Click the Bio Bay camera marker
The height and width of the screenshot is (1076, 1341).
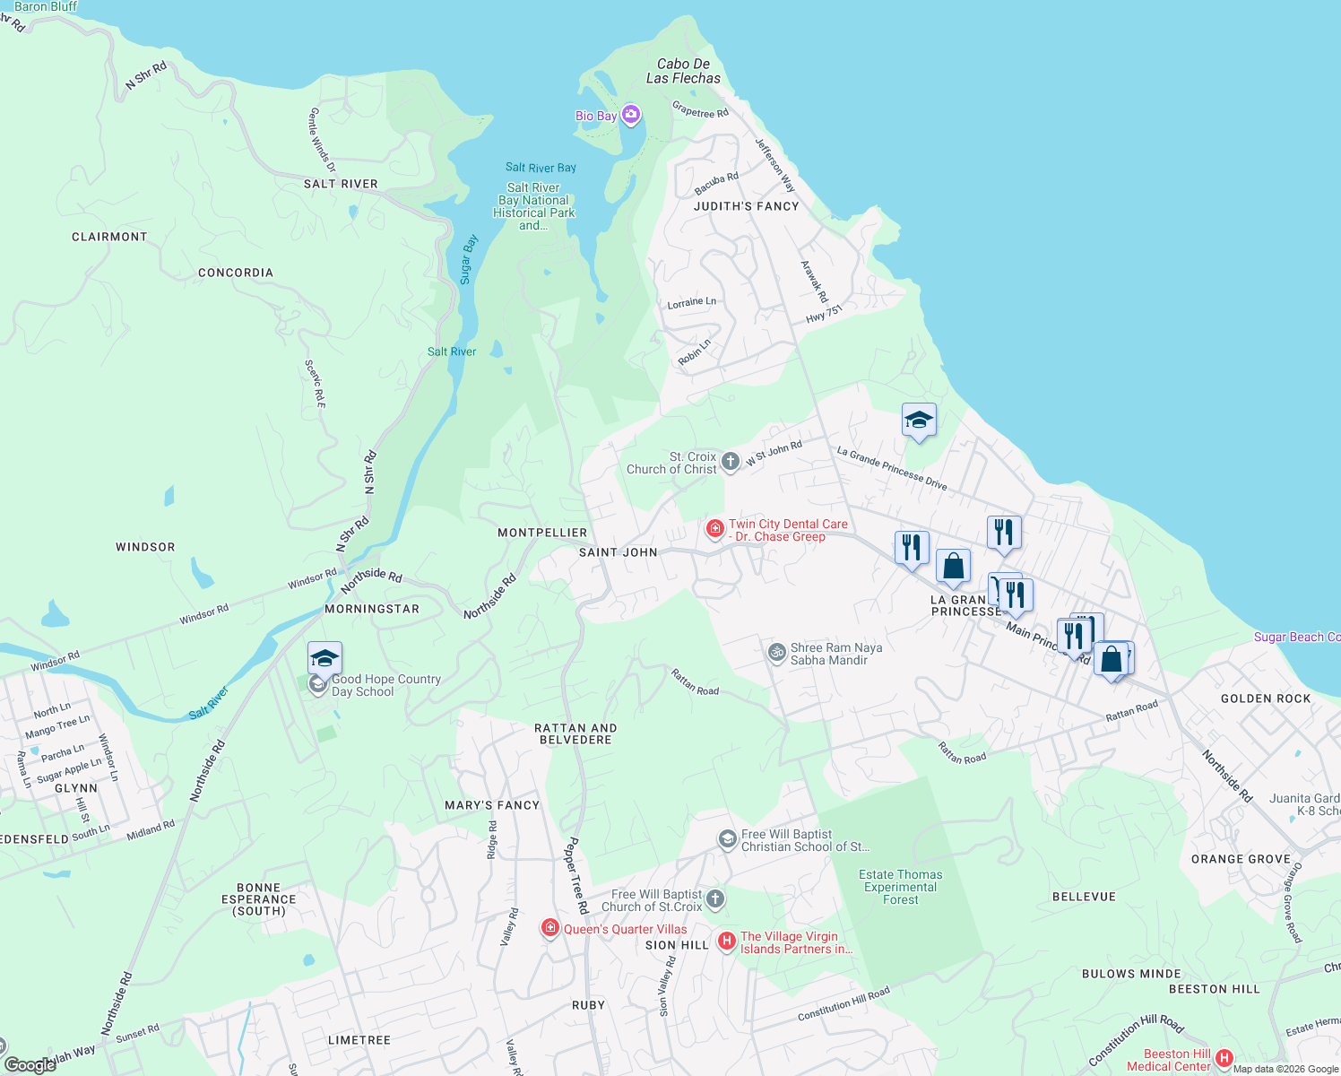(x=631, y=115)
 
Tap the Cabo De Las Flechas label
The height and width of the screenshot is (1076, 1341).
(x=683, y=71)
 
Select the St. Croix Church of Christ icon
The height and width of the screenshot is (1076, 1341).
(x=731, y=462)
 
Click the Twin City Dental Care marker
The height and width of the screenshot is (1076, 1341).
(x=714, y=529)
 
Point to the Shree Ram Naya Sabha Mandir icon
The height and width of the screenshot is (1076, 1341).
(x=777, y=653)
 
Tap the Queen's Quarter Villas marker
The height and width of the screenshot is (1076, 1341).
(x=550, y=928)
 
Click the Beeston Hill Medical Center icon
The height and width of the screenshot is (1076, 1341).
(x=1224, y=1059)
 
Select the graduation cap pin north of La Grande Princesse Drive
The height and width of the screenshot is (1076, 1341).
(x=919, y=420)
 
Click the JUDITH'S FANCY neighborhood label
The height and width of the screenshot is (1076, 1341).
(x=746, y=206)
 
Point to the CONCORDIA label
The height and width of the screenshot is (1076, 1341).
(x=235, y=273)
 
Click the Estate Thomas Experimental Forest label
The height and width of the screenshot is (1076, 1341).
(x=900, y=887)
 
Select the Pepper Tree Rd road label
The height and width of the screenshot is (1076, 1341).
(x=576, y=875)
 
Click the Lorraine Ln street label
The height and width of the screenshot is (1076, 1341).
(x=691, y=303)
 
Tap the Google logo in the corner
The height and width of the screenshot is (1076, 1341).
(x=30, y=1065)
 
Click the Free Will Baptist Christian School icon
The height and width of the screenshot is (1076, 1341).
(x=727, y=839)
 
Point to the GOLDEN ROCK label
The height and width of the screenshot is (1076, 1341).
(x=1265, y=699)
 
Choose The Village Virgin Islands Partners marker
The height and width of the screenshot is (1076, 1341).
(x=727, y=941)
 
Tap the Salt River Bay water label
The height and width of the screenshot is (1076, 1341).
(x=541, y=168)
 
